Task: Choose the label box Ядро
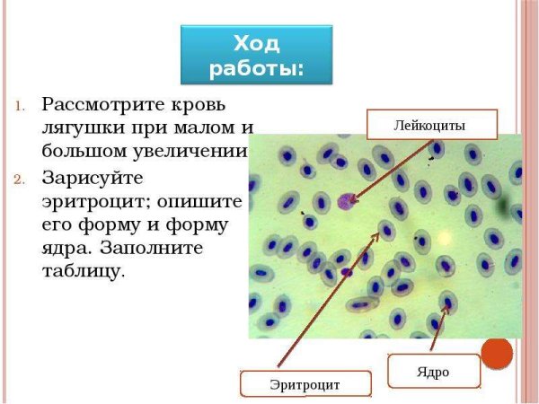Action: (x=431, y=371)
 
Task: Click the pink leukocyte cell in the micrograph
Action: (x=342, y=201)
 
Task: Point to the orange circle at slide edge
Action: (x=497, y=353)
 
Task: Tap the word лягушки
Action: (x=84, y=126)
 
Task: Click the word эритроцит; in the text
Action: (x=100, y=200)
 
